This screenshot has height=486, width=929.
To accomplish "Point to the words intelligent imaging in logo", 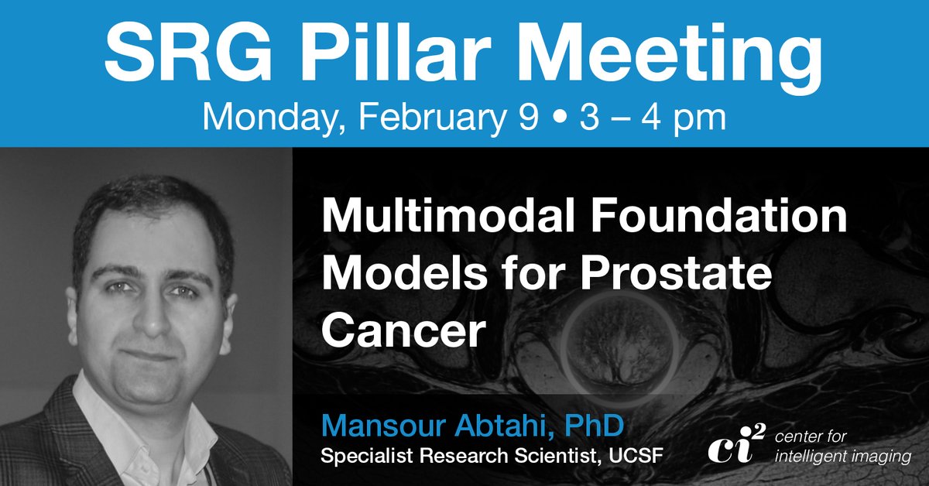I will (x=843, y=457).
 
